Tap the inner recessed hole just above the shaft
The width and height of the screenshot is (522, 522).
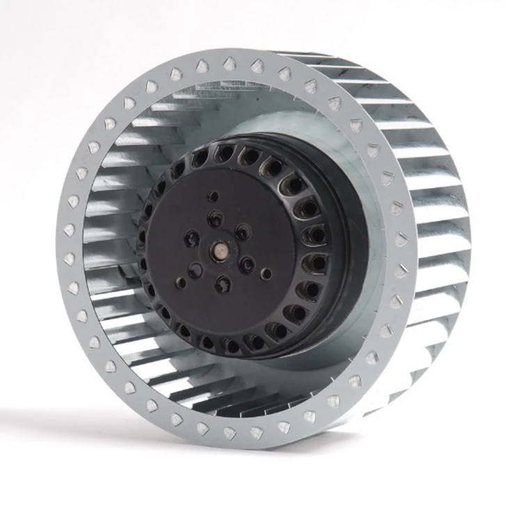216,219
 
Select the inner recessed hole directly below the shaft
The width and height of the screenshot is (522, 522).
222,283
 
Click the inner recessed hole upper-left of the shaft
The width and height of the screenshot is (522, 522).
191,239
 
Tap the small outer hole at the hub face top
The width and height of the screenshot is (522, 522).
214,197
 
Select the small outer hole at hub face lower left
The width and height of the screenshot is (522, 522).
182,283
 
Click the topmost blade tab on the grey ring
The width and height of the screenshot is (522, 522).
230,64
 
